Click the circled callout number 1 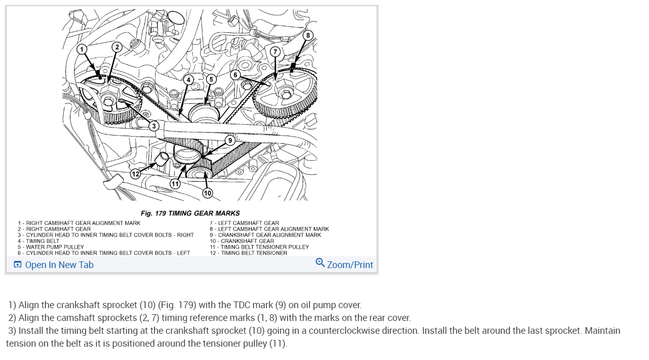tap(82, 49)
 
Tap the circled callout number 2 tap(117, 47)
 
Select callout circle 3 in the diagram tap(154, 126)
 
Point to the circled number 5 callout tap(211, 79)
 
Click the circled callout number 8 tap(307, 35)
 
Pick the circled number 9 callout tap(230, 140)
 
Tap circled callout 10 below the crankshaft tap(207, 193)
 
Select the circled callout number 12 tap(135, 174)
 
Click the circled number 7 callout tap(275, 52)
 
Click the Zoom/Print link tap(350, 265)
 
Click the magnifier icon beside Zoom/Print tap(320, 263)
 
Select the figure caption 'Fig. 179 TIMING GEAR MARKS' tap(190, 213)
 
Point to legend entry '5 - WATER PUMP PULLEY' tap(51, 247)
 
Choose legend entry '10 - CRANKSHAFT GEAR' tap(242, 241)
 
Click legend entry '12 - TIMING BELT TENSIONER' tap(248, 253)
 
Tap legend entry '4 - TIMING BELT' tap(39, 241)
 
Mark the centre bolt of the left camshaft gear tap(285, 93)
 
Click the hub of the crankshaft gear tap(197, 174)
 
